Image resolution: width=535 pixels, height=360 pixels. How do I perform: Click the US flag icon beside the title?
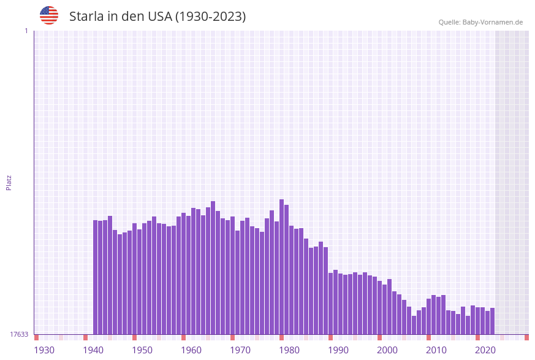(x=49, y=15)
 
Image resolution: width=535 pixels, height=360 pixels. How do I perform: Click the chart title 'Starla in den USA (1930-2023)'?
(x=157, y=17)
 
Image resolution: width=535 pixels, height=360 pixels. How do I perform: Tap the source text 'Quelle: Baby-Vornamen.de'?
(x=480, y=22)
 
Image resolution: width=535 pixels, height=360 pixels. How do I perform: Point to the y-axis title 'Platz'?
(x=9, y=183)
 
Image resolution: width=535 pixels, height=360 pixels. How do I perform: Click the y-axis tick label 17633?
(x=19, y=334)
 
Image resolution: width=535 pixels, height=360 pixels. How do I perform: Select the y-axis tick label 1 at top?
(x=26, y=31)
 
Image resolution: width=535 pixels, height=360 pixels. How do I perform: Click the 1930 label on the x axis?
(x=44, y=350)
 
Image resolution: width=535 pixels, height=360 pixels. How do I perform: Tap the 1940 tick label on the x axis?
(x=93, y=350)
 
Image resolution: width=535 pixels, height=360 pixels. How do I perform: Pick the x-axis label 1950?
(x=142, y=350)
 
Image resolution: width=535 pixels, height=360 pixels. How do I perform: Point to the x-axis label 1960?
(x=191, y=350)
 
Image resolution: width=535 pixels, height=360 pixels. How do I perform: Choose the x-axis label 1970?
(x=240, y=350)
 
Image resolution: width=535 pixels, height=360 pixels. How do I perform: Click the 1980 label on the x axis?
(x=289, y=350)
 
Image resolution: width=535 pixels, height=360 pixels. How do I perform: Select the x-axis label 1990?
(x=338, y=350)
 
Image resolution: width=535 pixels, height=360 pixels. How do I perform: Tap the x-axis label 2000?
(x=387, y=350)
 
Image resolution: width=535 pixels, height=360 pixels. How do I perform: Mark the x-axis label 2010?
(x=436, y=350)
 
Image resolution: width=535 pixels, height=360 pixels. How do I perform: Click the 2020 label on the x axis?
(x=485, y=350)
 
